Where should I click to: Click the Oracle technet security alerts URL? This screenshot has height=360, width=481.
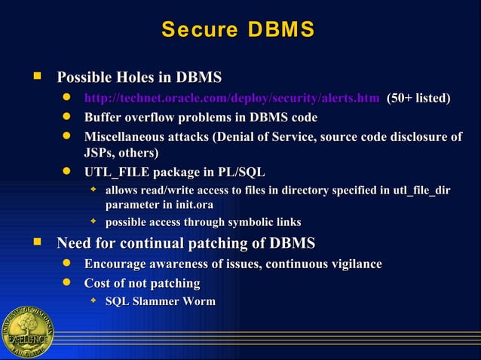tap(231, 98)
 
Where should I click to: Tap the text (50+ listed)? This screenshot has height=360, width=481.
tap(418, 98)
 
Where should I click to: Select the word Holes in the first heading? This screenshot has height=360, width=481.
tap(142, 78)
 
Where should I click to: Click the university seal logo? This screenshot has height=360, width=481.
tap(27, 332)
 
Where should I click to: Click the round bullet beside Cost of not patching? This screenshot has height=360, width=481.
tap(67, 283)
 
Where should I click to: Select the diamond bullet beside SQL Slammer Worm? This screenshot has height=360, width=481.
tap(93, 301)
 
